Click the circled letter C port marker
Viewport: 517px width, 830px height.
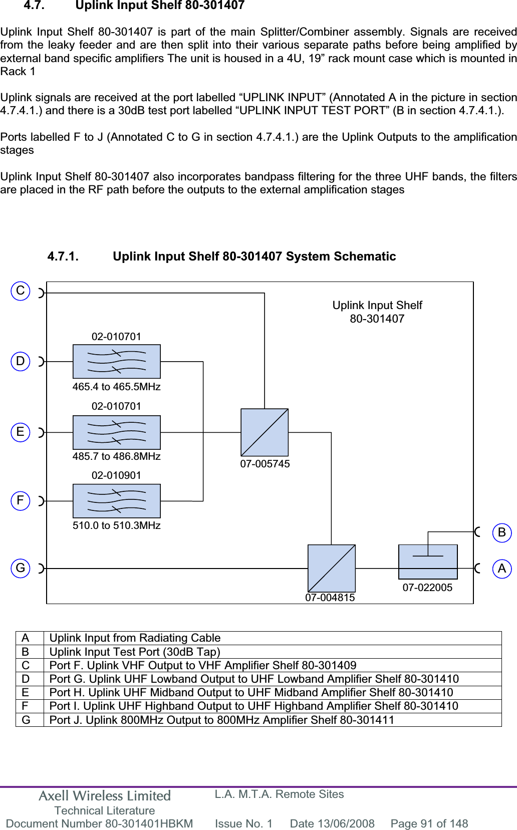coord(21,291)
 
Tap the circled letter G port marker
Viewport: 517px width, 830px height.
coord(21,568)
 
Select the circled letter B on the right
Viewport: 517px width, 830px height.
coord(501,532)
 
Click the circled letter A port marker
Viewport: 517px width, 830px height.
coord(501,569)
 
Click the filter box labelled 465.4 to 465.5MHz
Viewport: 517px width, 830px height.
coord(117,361)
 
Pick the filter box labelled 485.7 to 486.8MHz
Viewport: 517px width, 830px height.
coord(117,432)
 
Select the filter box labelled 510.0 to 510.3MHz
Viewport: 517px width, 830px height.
coord(117,501)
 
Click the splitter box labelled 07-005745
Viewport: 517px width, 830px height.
coord(265,432)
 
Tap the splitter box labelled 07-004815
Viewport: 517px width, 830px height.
coord(331,569)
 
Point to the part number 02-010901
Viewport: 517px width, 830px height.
coord(116,475)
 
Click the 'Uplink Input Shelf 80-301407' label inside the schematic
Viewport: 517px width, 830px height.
coord(377,312)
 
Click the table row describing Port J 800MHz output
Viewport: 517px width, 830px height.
coord(221,720)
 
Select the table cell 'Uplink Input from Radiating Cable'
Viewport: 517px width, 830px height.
coord(135,638)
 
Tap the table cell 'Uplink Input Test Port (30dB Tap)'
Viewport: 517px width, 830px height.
coord(135,652)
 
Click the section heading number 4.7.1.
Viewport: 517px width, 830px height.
coord(63,256)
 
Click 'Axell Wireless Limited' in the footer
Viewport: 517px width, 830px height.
coord(105,796)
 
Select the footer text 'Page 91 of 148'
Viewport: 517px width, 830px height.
coord(429,823)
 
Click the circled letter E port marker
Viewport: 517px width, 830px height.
coord(21,432)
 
